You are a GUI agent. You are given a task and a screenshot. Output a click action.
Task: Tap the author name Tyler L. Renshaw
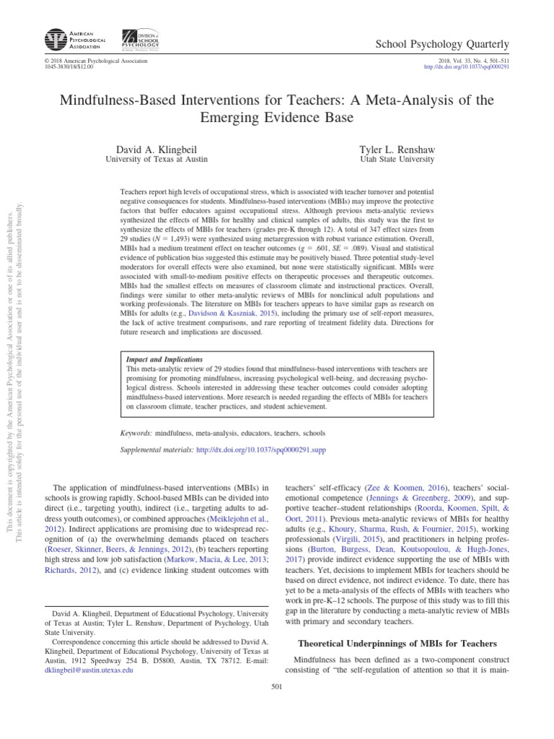397,149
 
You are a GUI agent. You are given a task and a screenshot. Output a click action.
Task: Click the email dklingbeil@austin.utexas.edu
89,670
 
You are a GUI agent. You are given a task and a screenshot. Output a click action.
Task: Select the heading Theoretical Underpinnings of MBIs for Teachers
397,643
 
